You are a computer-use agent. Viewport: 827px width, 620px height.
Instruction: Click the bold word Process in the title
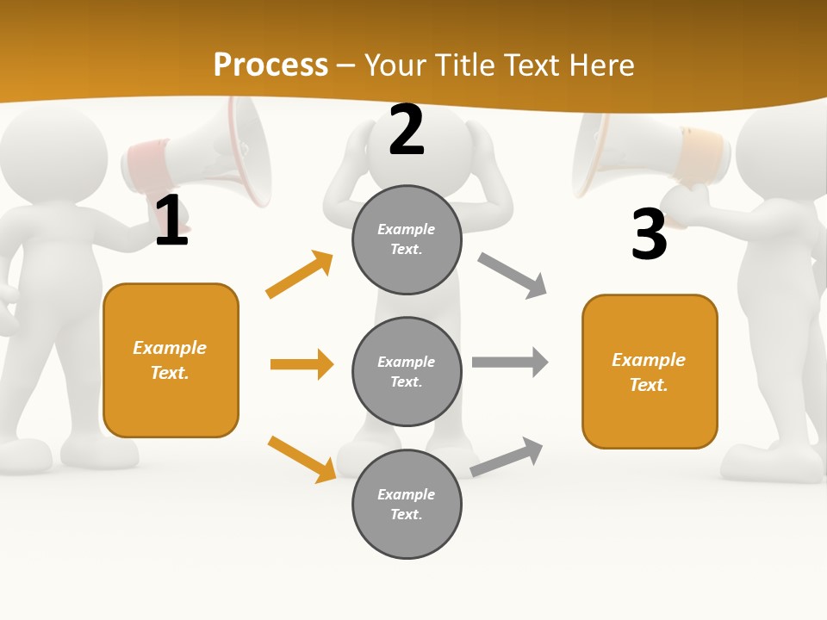click(270, 65)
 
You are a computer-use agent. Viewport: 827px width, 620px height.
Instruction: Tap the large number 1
click(171, 220)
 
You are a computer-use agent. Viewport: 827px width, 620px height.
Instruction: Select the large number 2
click(407, 131)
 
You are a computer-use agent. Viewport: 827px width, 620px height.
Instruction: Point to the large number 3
click(649, 234)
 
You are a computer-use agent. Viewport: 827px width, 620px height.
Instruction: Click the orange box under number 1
click(171, 360)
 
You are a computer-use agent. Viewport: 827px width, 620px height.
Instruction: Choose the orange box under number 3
click(650, 371)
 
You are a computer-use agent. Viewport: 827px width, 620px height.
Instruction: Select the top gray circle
click(407, 239)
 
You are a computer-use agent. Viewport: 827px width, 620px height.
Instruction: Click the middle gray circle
click(407, 371)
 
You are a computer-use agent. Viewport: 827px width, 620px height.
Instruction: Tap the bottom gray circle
click(407, 504)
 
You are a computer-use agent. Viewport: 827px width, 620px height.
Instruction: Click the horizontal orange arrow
click(302, 364)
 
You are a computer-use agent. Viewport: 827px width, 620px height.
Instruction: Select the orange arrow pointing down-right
click(302, 459)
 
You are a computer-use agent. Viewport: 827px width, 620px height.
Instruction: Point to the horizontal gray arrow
click(510, 363)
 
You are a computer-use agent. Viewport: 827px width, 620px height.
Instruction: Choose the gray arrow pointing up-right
click(507, 456)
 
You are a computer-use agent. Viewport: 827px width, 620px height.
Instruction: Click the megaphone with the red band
click(207, 151)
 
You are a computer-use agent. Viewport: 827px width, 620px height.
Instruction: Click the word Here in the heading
click(603, 65)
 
